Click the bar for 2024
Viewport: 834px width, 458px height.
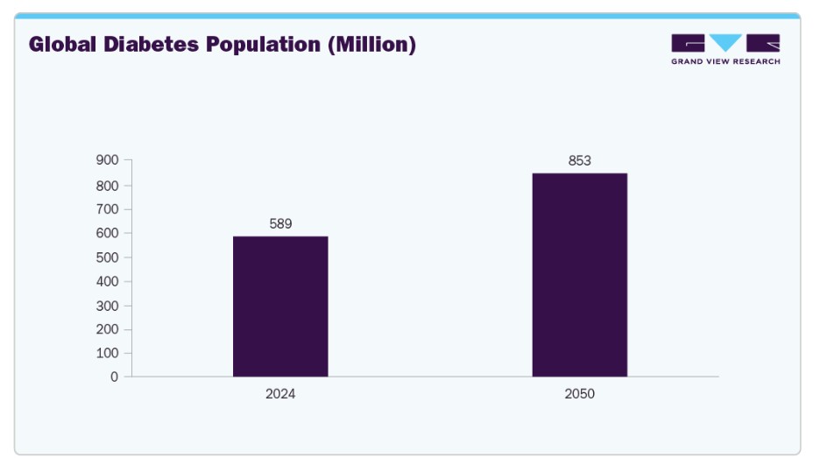click(x=280, y=307)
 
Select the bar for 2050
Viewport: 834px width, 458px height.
click(x=580, y=275)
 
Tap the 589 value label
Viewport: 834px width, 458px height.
click(x=281, y=224)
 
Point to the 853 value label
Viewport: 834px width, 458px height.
click(x=580, y=160)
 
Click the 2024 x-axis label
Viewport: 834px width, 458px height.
click(x=280, y=394)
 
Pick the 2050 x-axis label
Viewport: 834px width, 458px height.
click(x=580, y=394)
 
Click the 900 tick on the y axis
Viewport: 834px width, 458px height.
click(x=108, y=160)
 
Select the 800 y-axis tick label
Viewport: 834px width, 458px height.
click(x=108, y=187)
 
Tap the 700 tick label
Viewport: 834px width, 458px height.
click(x=108, y=209)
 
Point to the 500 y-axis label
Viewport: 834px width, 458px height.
click(x=108, y=257)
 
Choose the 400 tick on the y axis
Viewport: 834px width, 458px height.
click(x=108, y=281)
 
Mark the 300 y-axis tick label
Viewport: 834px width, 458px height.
click(x=108, y=306)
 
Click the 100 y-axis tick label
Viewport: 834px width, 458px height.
click(x=108, y=353)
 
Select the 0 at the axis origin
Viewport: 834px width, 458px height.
click(x=115, y=377)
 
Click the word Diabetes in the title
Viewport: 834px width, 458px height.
click(x=151, y=44)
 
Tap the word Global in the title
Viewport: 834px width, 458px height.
click(x=62, y=44)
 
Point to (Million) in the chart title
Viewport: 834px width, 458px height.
click(x=371, y=45)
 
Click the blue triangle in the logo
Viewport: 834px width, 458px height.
click(x=725, y=42)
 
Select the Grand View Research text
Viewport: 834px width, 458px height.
click(x=725, y=61)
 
